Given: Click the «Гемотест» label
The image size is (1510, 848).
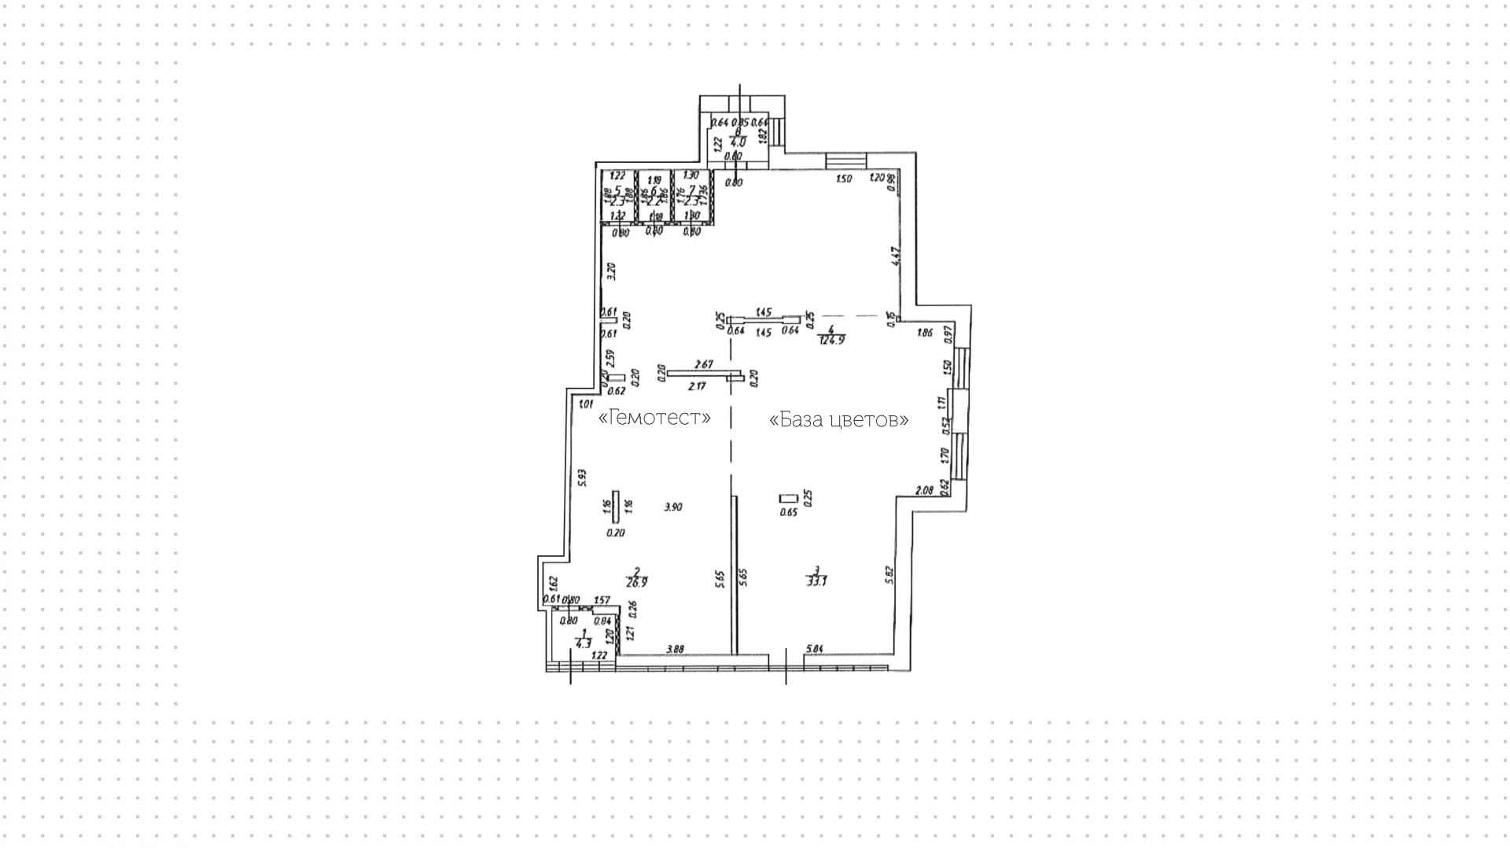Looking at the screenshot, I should tap(655, 417).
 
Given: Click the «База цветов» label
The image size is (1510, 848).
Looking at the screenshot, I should tap(838, 420).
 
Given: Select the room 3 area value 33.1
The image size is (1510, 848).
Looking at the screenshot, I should tap(816, 582).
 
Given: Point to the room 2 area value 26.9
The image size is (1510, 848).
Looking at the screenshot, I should tap(636, 583).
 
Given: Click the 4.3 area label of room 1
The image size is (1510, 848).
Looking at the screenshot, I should tap(583, 643).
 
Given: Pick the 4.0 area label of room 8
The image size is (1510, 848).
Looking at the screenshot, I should tap(738, 143).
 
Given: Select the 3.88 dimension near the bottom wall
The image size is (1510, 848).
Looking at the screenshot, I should tap(675, 649).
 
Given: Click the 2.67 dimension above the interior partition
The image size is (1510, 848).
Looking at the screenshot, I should tap(704, 364).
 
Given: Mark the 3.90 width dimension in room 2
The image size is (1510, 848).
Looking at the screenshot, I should tap(672, 507).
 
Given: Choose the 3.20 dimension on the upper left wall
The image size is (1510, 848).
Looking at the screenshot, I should tap(612, 271).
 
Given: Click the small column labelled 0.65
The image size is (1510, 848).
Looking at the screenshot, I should tap(788, 498).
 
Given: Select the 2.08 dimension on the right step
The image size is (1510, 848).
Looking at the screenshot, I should tap(924, 490).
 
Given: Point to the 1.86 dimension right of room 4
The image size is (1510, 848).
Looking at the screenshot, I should tap(925, 333).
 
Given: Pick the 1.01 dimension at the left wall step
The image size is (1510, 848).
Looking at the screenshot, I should tap(584, 404).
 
